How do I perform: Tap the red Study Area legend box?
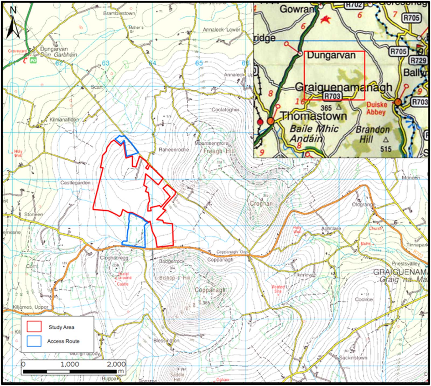coord(34,326)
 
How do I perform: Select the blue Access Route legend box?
coord(34,341)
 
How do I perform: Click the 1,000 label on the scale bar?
coord(70,364)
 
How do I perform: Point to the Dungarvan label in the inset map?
coord(331,55)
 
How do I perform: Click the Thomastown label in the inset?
coord(314,116)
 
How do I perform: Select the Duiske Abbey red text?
coord(377,108)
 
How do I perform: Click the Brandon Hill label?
coord(373,135)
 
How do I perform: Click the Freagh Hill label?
coord(219,151)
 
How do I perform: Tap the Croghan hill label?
coord(261,204)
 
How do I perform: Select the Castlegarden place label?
coord(75,183)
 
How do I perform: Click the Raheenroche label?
coord(174,150)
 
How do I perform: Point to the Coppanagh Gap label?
coord(232,252)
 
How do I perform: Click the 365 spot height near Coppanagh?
coord(206,302)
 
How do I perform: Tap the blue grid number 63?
coord(106,63)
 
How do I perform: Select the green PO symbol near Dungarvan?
coord(33,61)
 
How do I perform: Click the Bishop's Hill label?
coord(175,278)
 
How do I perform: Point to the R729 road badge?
coord(418,61)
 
